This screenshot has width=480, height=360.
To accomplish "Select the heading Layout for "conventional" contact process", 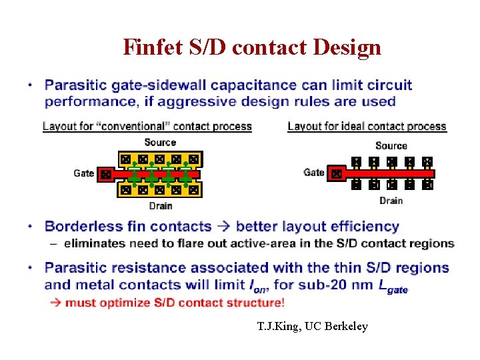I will point(147,127).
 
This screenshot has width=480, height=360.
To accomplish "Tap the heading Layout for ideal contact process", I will point(367,127).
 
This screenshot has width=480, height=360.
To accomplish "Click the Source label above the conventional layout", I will point(160,143).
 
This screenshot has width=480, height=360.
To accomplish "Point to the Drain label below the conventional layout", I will point(160,206).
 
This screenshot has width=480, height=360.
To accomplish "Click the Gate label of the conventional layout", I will point(84,173).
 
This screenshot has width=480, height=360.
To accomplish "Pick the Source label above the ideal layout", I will point(391,146).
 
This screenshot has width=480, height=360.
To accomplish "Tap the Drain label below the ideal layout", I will point(391,201).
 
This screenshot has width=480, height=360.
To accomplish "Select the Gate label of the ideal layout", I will point(313,173).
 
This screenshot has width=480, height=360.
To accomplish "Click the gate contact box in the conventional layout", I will point(105,174).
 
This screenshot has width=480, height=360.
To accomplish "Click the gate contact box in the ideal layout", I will point(337,174).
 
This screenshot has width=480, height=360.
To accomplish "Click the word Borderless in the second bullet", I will point(82,227).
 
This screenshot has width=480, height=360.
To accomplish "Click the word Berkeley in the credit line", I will point(347,327).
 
